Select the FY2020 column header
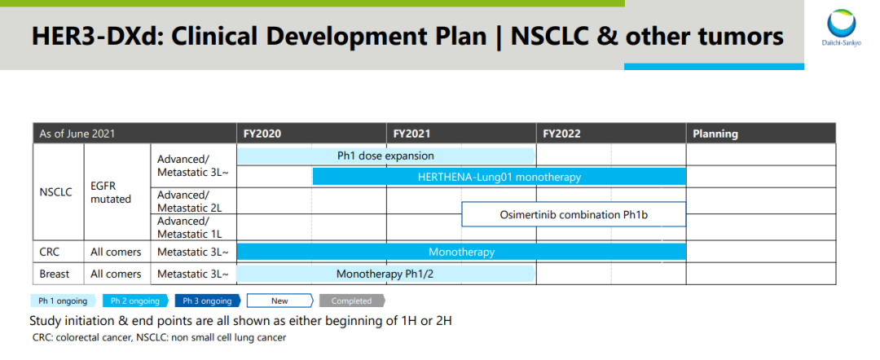(311, 134)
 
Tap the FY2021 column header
(461, 134)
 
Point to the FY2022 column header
(611, 134)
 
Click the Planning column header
(761, 134)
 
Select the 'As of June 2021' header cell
(134, 134)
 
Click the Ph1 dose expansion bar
(386, 156)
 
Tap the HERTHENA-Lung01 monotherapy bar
(499, 177)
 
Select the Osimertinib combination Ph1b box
(574, 214)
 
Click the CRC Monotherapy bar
(461, 252)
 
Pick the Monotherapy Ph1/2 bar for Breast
(386, 274)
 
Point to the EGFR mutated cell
(111, 191)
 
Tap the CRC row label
(50, 252)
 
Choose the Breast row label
(55, 274)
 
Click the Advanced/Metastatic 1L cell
(190, 227)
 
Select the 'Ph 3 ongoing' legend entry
(208, 301)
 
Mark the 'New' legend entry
(280, 301)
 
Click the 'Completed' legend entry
(352, 301)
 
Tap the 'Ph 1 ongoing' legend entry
(63, 301)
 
